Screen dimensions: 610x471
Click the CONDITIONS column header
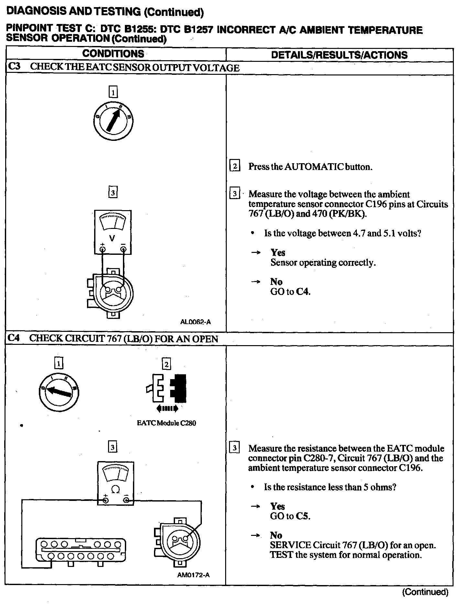pos(113,54)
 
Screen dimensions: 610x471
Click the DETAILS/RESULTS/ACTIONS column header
pos(339,55)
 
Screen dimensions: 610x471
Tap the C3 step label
pos(14,67)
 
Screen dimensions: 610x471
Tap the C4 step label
pos(14,338)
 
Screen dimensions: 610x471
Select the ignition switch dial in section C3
pos(112,121)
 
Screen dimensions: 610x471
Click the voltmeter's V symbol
pos(112,238)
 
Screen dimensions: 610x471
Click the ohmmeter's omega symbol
pos(115,489)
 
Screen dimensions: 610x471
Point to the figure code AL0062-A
pos(195,322)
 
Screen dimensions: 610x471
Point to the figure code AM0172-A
pos(193,575)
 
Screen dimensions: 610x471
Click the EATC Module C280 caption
pos(166,423)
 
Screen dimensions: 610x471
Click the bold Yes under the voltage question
pos(278,253)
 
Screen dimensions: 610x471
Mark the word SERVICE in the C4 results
pos(290,545)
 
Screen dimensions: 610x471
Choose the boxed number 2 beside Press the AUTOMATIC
pos(235,166)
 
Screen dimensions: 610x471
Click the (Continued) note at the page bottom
pos(425,592)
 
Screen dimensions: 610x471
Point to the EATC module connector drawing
pos(80,551)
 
